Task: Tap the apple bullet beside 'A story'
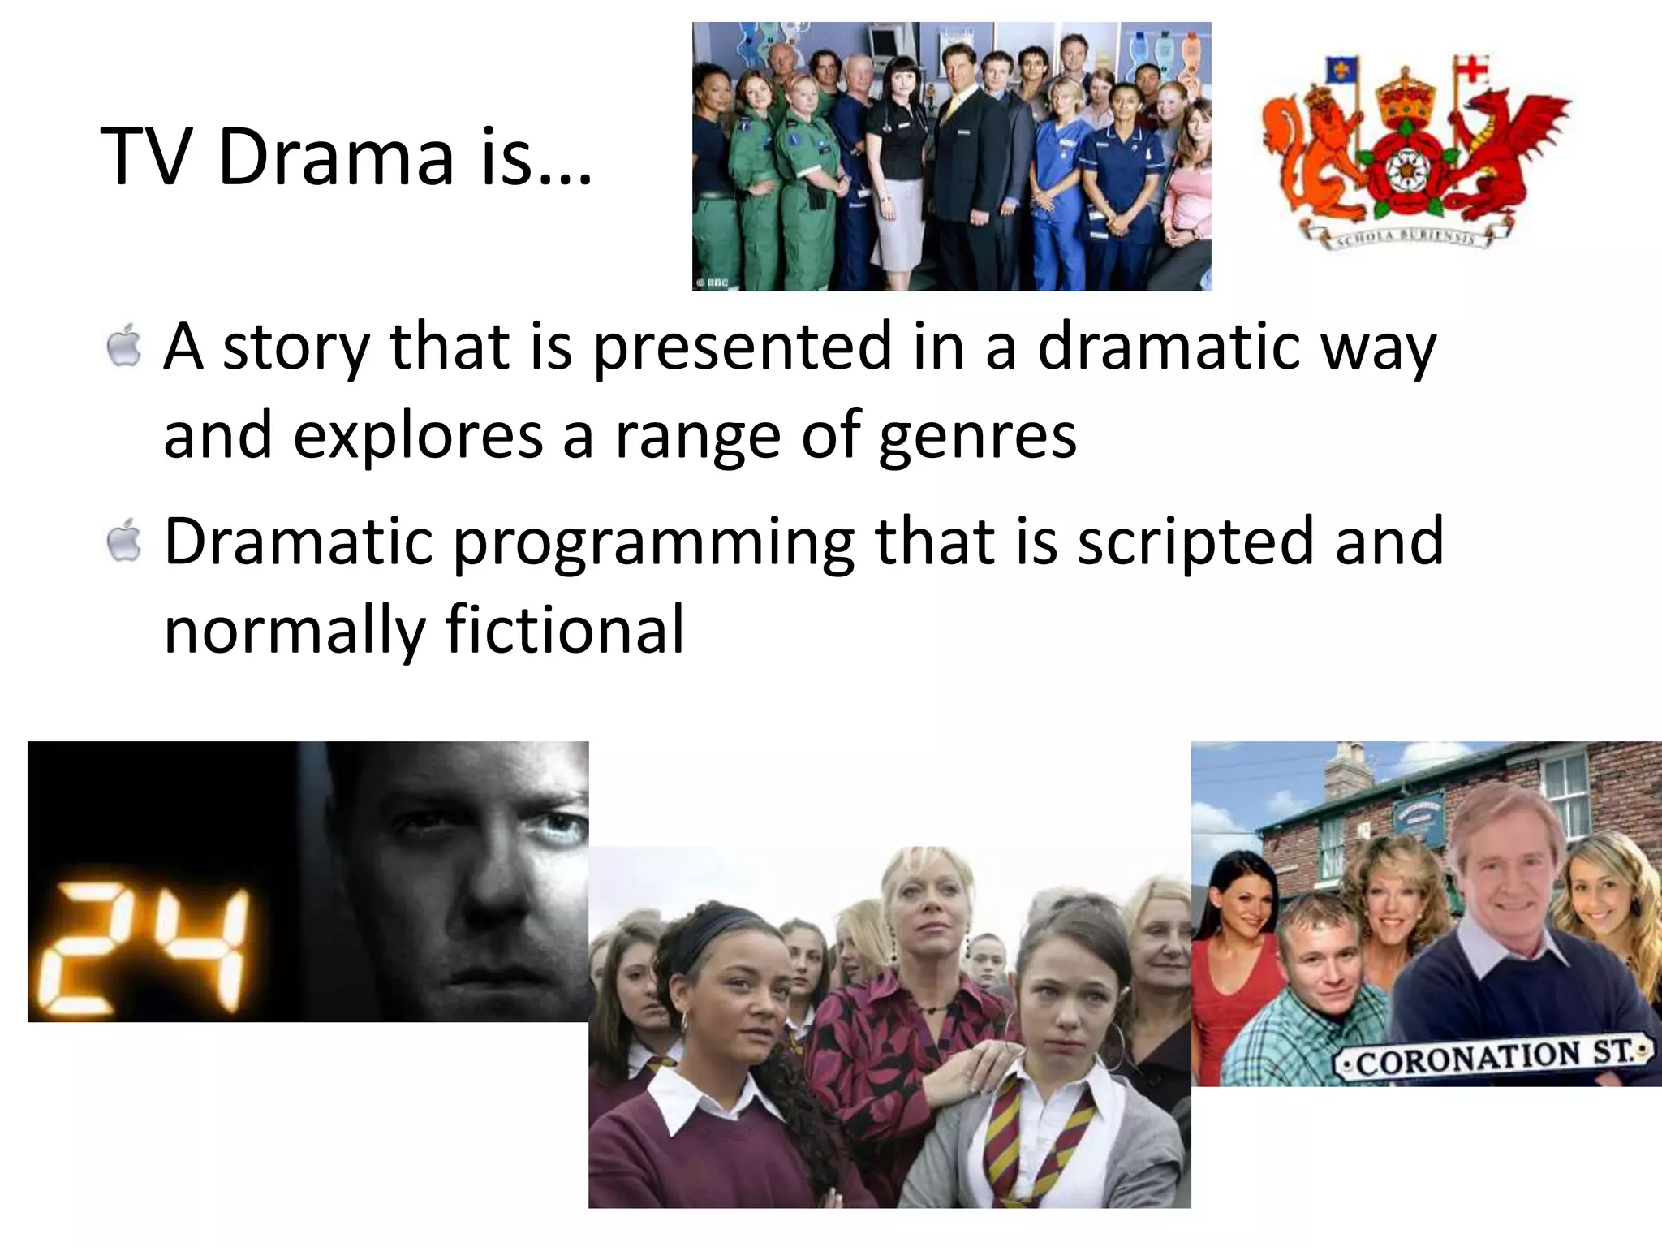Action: (x=123, y=347)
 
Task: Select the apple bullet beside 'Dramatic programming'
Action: (x=123, y=542)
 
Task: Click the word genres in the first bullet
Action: (x=977, y=437)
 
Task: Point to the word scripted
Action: (x=1194, y=542)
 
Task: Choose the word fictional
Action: (x=565, y=629)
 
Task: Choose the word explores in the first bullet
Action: (x=417, y=437)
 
